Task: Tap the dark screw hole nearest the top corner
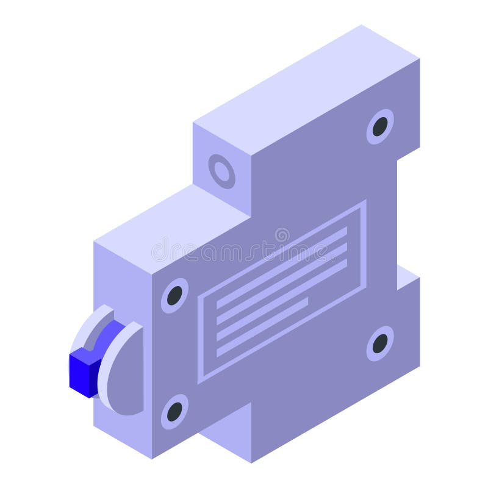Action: tap(380, 127)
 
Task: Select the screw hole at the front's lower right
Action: tap(380, 344)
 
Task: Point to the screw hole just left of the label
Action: tap(174, 295)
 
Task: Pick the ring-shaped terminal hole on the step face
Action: tap(222, 171)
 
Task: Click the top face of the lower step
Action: tap(171, 220)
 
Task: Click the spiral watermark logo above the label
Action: tap(282, 235)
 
